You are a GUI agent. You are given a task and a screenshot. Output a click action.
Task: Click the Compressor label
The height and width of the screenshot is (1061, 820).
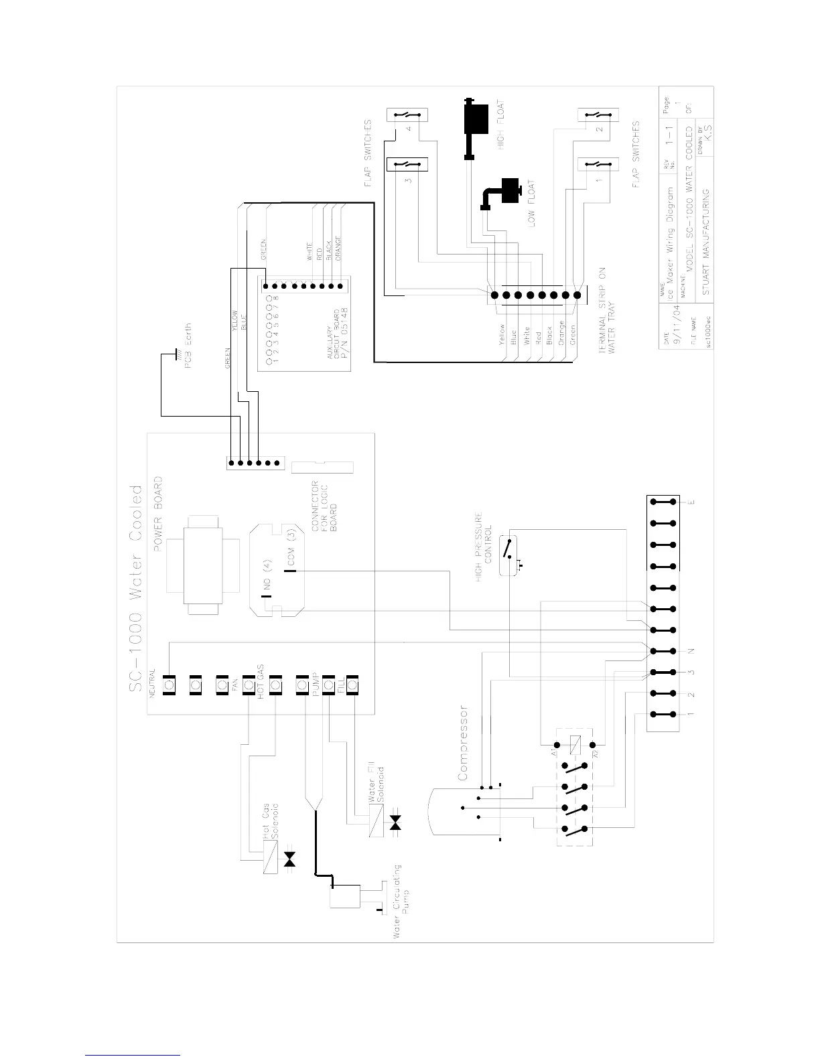[x=463, y=742]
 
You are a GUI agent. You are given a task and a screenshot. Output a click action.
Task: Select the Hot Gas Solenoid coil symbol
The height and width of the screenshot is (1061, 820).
[x=270, y=857]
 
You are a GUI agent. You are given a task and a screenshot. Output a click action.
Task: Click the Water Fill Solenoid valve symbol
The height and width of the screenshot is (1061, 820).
[x=395, y=823]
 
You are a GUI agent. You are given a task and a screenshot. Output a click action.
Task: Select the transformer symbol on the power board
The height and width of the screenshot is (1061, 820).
[x=205, y=565]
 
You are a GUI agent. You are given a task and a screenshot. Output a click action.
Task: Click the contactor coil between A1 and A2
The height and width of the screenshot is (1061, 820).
[x=573, y=743]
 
